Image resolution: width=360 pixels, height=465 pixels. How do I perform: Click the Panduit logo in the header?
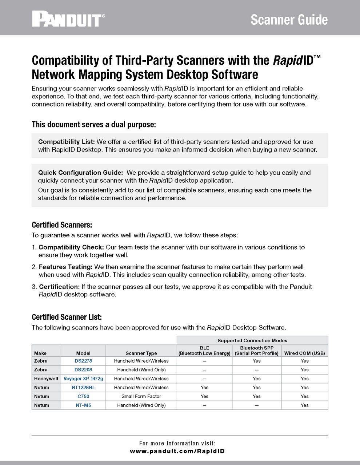pos(69,19)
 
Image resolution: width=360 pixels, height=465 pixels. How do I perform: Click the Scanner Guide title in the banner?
pos(289,20)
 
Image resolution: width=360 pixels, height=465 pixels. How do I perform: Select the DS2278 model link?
pos(83,361)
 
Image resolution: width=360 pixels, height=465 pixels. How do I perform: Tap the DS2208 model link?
pos(83,370)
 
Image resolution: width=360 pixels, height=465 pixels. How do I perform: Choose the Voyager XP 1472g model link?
pos(83,379)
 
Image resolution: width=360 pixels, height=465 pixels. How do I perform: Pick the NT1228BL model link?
pos(83,388)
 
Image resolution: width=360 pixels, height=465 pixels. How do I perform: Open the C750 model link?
pos(83,396)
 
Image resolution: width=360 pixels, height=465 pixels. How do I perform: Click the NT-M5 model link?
pos(83,405)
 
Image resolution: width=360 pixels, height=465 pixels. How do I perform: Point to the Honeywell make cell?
pos(46,379)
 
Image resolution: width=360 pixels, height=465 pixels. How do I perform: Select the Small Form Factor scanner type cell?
pos(141,396)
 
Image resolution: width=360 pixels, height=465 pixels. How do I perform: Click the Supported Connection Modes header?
pos(252,341)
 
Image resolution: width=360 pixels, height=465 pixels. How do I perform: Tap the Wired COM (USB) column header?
pos(304,353)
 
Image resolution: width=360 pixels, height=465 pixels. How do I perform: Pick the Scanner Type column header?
pos(141,353)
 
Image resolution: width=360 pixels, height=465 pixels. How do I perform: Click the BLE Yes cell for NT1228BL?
pos(204,388)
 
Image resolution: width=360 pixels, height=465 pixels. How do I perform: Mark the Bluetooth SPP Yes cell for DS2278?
pos(256,361)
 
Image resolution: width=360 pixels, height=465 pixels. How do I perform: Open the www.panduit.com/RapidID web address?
pos(177,451)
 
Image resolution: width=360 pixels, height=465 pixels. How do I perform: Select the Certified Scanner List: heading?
pos(67,317)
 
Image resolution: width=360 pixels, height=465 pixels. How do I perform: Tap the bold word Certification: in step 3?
pos(59,287)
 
